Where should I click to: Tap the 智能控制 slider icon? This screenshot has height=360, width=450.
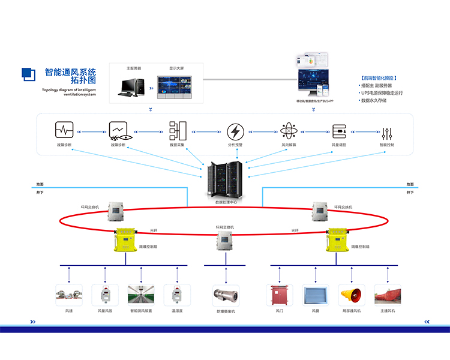click(387, 130)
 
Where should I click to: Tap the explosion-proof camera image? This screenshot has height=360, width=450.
click(226, 296)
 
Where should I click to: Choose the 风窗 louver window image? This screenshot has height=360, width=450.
click(314, 295)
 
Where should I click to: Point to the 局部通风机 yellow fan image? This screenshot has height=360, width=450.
click(351, 295)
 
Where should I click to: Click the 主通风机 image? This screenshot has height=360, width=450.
click(387, 295)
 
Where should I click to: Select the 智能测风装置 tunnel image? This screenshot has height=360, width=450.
click(141, 295)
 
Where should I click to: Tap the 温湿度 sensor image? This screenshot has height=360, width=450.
click(176, 295)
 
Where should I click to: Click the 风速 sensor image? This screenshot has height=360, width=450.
click(68, 295)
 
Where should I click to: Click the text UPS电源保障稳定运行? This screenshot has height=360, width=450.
click(382, 93)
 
